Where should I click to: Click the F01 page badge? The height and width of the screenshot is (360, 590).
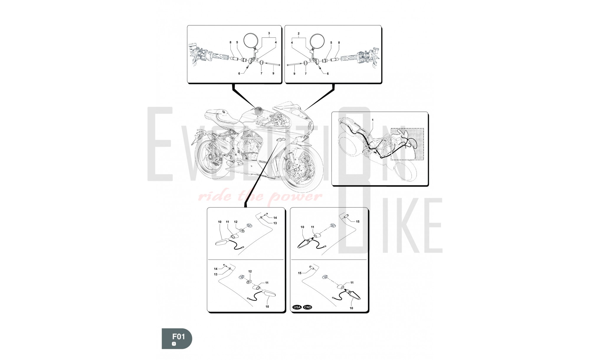click(x=177, y=338)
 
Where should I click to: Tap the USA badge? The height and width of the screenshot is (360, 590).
click(x=297, y=307)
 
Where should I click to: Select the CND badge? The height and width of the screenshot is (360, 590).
click(x=307, y=307)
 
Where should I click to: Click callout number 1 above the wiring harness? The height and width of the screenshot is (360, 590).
click(x=373, y=120)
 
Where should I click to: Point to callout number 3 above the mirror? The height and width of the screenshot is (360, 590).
click(x=269, y=33)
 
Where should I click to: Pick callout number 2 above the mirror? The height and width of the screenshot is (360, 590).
click(x=299, y=33)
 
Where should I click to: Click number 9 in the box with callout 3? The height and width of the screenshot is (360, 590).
click(x=273, y=73)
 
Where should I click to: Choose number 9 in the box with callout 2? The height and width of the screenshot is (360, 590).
click(x=294, y=73)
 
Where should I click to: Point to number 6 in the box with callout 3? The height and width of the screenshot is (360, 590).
click(x=239, y=74)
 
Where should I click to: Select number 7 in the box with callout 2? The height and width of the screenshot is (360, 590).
click(x=306, y=73)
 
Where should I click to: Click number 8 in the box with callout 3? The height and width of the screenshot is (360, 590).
click(x=230, y=42)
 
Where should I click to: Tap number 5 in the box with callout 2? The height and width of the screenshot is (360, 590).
click(x=331, y=43)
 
